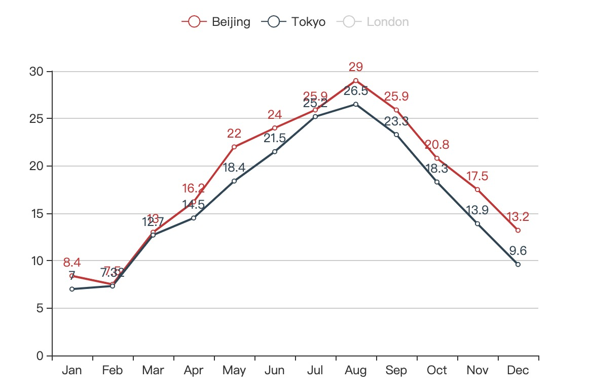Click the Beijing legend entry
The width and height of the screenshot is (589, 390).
pyautogui.click(x=216, y=22)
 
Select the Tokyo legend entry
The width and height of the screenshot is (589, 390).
pyautogui.click(x=294, y=22)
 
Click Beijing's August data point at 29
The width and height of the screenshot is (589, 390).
pyautogui.click(x=356, y=81)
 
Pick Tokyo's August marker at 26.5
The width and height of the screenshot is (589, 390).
pyautogui.click(x=356, y=104)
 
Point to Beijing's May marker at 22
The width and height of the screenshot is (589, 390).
pyautogui.click(x=234, y=147)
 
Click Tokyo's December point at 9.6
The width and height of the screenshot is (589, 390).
pyautogui.click(x=518, y=264)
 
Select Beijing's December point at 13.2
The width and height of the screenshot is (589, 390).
pyautogui.click(x=518, y=230)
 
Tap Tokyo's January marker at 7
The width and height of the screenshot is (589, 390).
pyautogui.click(x=72, y=289)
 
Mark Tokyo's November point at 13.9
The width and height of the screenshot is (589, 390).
pyautogui.click(x=477, y=223)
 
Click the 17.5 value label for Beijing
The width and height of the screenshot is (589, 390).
pyautogui.click(x=477, y=176)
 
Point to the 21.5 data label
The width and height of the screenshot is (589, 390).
pyautogui.click(x=275, y=138)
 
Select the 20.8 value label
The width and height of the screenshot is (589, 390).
pyautogui.click(x=437, y=145)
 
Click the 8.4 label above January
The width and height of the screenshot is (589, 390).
pyautogui.click(x=72, y=263)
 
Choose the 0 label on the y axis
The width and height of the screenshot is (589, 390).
pyautogui.click(x=41, y=356)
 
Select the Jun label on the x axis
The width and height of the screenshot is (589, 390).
pyautogui.click(x=275, y=371)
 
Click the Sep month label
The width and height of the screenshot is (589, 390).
pyautogui.click(x=396, y=371)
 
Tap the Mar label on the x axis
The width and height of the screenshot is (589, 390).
pyautogui.click(x=153, y=371)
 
